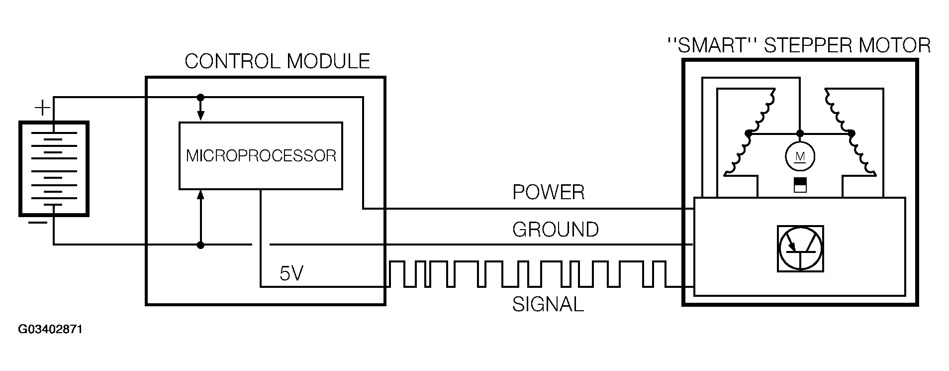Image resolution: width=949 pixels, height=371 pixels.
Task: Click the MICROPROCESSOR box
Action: tap(261, 156)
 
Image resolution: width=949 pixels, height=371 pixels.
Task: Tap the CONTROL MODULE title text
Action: tap(277, 61)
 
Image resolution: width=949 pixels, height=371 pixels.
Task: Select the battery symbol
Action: tap(54, 169)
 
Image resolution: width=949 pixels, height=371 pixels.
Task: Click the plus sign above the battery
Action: tap(43, 108)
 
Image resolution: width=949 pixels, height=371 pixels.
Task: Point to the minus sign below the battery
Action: tap(38, 223)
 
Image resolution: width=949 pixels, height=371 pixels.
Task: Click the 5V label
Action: tap(291, 273)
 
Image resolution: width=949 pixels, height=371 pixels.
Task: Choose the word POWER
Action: tap(548, 192)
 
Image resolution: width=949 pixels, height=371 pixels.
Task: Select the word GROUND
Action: tap(555, 230)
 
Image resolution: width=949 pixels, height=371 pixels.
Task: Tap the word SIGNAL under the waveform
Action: tap(548, 304)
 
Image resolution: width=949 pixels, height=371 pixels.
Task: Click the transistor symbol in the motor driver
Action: tap(800, 248)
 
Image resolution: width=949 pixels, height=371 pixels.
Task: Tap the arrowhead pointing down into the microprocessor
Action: tap(201, 116)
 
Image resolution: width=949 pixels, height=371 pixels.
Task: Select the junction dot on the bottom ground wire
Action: tap(201, 245)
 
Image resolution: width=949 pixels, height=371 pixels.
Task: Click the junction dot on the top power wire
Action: tap(201, 97)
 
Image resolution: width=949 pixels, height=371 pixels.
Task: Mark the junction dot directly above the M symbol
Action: tap(800, 133)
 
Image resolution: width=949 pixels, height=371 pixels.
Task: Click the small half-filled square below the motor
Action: tap(800, 185)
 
